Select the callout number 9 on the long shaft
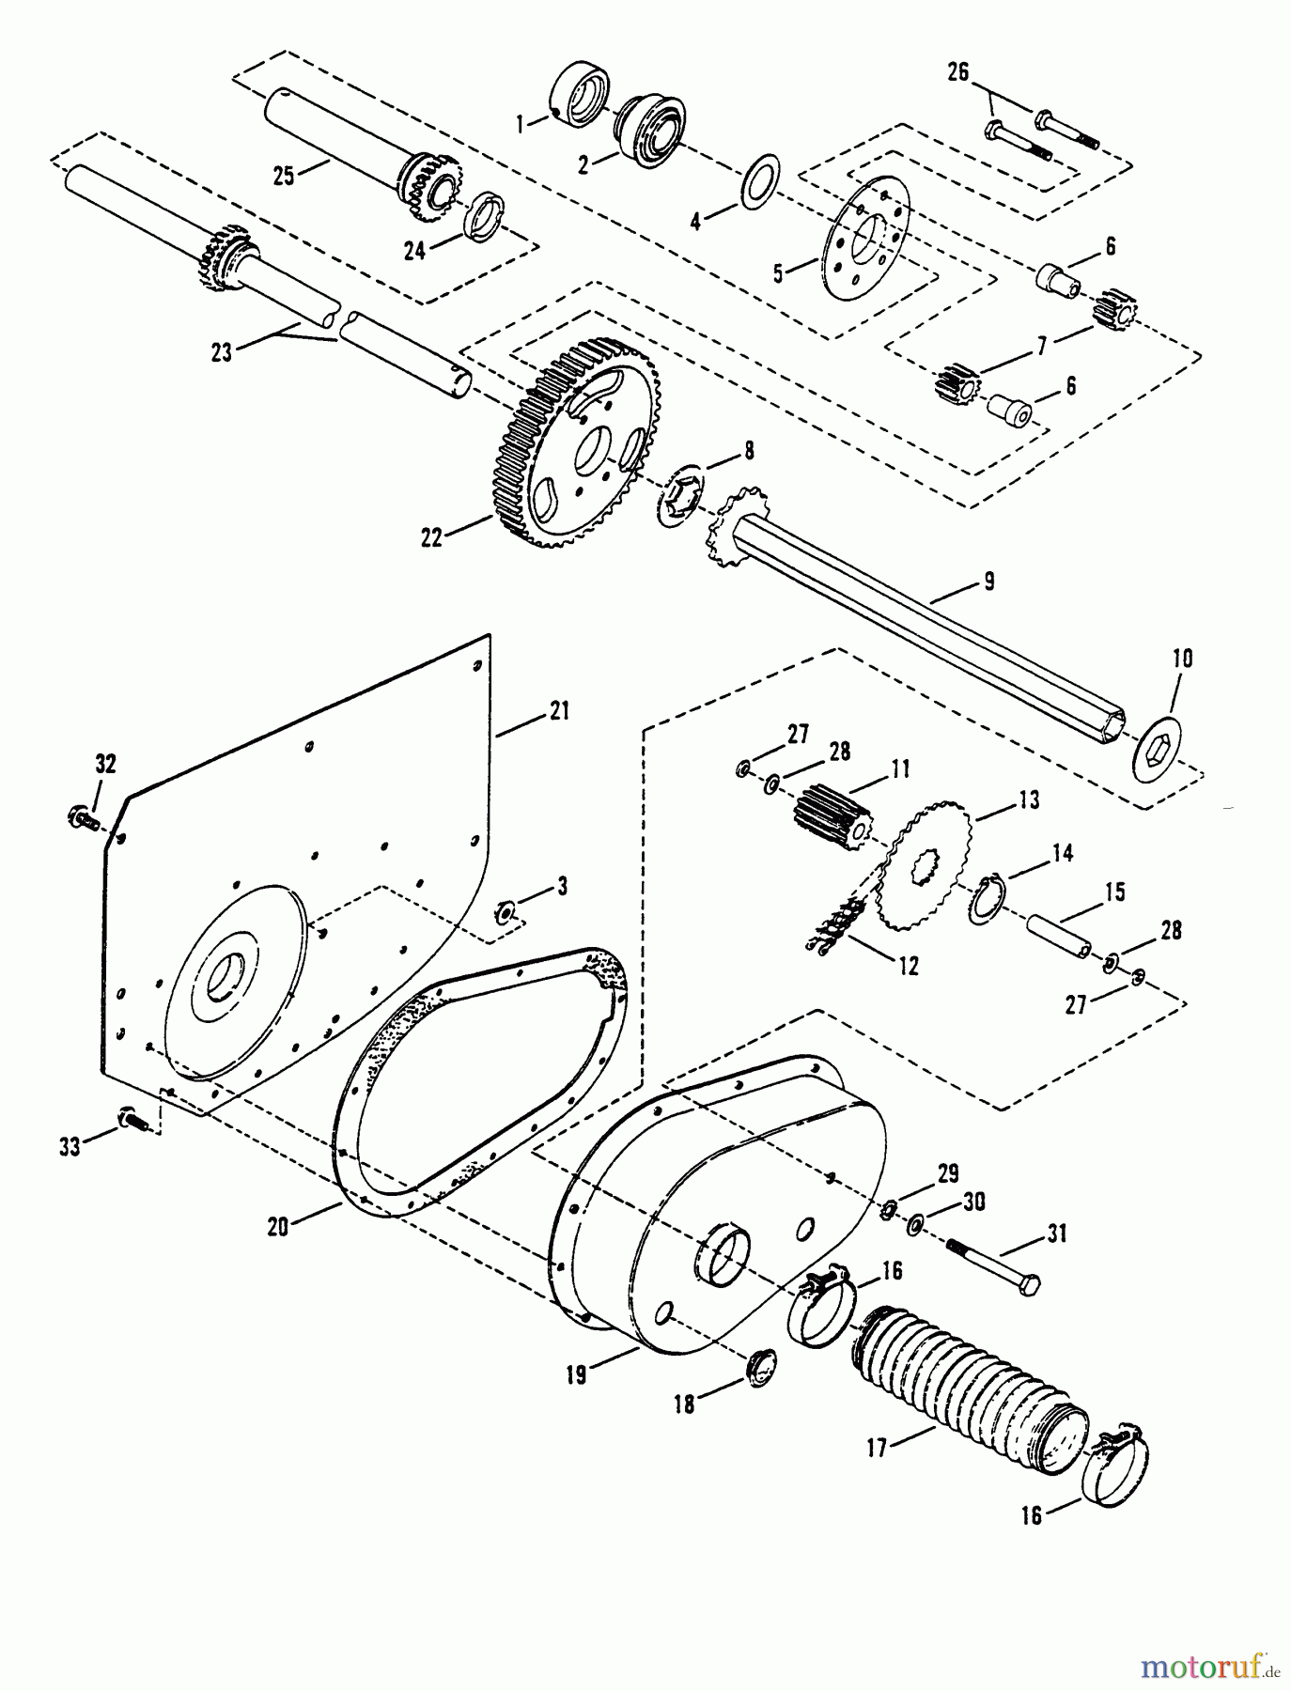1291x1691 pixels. (988, 582)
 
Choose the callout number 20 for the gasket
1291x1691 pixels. (277, 1226)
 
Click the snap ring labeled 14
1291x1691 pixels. (984, 899)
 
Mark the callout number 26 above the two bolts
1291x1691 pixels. (957, 71)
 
